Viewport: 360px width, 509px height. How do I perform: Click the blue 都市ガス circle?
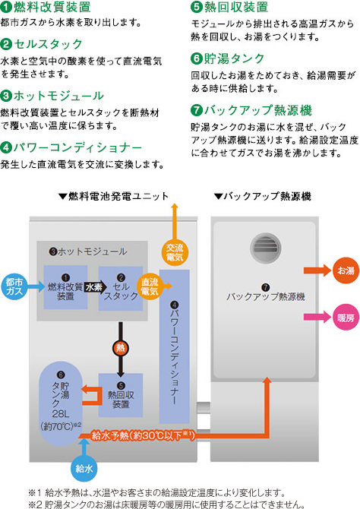click(x=14, y=286)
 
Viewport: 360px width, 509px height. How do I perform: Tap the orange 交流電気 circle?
click(x=175, y=252)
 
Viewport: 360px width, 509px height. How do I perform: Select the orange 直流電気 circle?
click(x=150, y=286)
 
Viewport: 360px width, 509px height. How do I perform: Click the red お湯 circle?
click(x=346, y=270)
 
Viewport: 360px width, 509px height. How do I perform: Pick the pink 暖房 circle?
click(x=346, y=317)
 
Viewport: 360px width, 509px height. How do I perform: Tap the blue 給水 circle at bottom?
click(x=84, y=469)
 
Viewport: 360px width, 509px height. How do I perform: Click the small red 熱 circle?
click(x=121, y=348)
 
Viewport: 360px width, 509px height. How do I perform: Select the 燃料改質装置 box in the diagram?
click(x=65, y=287)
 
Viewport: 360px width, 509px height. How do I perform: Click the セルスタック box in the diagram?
click(x=121, y=288)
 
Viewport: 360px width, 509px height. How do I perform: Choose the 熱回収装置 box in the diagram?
click(x=121, y=395)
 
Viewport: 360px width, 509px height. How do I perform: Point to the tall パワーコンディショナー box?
click(x=175, y=346)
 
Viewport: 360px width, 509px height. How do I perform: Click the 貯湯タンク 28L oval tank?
click(x=61, y=403)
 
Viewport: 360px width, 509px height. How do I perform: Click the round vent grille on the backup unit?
click(x=266, y=248)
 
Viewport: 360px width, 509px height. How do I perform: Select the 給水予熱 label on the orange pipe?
click(x=143, y=435)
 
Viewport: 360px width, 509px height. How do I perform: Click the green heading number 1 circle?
click(x=6, y=7)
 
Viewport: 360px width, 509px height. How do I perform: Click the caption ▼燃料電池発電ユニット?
click(x=113, y=197)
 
